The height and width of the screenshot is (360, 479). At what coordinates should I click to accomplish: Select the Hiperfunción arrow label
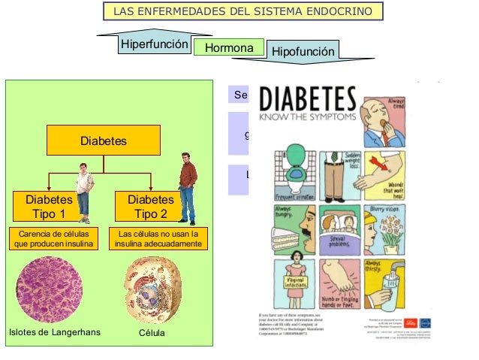pos(154,44)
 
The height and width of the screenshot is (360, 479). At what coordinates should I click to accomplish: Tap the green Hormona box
pos(229,47)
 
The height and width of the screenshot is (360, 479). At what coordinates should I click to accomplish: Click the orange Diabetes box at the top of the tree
pos(104,141)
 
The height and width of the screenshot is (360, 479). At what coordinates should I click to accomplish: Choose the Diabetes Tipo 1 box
pos(49,207)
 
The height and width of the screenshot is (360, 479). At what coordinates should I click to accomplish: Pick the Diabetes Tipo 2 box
pos(150,207)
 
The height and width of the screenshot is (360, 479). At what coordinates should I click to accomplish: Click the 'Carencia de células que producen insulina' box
pos(51,239)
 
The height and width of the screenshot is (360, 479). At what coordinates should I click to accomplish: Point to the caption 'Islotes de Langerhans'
pos(54,333)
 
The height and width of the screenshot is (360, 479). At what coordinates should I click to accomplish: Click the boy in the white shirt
pos(85,192)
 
